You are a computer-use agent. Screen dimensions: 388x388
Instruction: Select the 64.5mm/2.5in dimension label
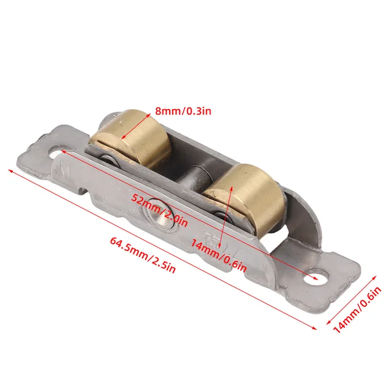click(142, 255)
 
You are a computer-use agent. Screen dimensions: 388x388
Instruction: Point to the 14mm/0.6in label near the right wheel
click(219, 255)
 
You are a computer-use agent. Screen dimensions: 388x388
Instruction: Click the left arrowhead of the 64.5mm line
click(9, 170)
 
